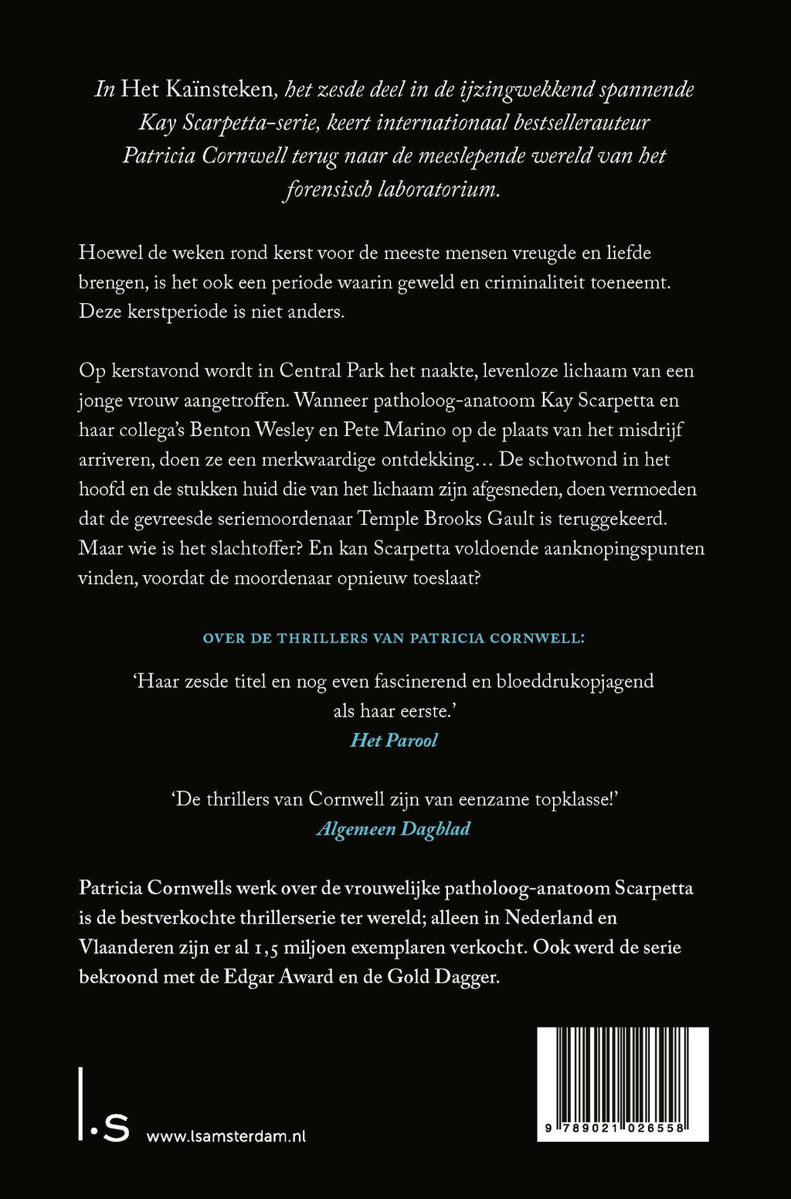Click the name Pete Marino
point(394,431)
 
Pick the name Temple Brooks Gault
point(441,519)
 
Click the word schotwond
point(574,460)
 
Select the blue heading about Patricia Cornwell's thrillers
point(393,639)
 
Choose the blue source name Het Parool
point(394,741)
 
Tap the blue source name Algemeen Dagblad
point(393,829)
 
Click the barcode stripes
point(623,1074)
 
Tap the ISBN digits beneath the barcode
point(623,1129)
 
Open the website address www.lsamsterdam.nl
point(226,1136)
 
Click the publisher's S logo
point(116,1129)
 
